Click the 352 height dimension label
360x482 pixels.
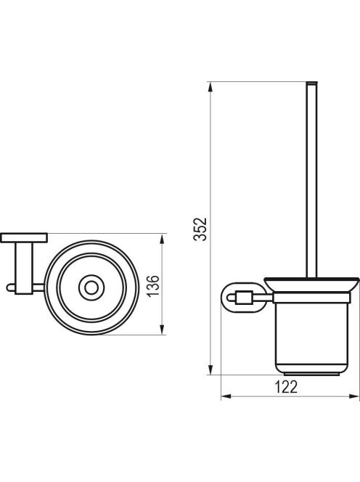point(200,229)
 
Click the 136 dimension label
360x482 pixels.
point(153,286)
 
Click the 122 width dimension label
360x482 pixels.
point(286,387)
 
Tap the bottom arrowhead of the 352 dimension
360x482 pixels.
point(210,369)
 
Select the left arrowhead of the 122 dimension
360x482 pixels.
point(226,396)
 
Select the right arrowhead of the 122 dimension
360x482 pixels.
point(354,396)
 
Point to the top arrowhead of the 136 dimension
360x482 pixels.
point(162,239)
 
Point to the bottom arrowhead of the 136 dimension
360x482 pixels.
point(162,330)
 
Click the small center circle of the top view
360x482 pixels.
point(91,287)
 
